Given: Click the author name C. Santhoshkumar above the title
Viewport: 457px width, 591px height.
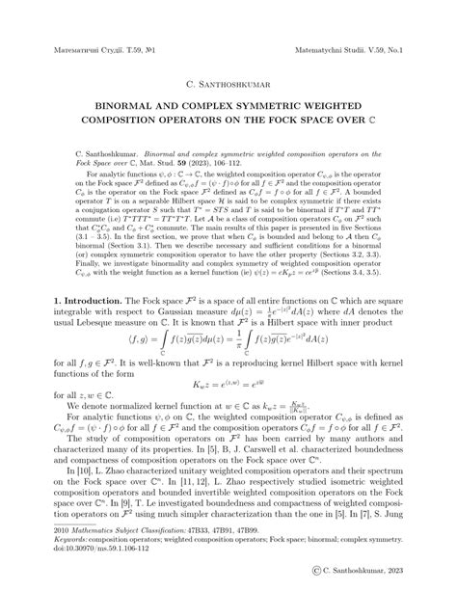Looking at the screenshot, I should pyautogui.click(x=229, y=72).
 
